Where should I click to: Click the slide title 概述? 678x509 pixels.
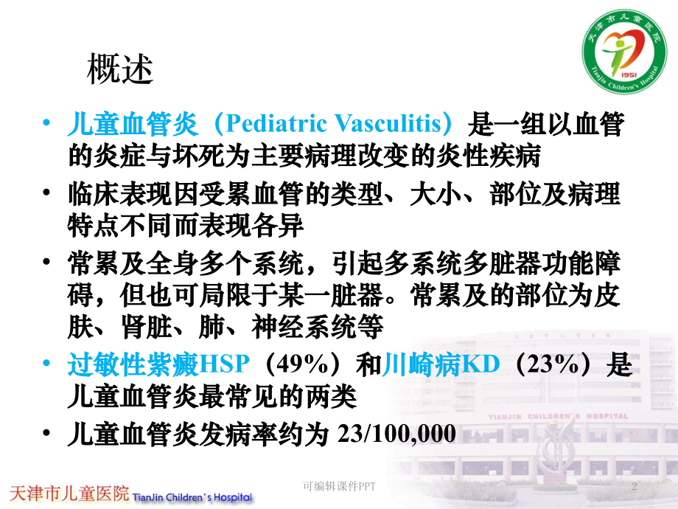(120, 70)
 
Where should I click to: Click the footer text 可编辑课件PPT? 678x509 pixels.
(338, 487)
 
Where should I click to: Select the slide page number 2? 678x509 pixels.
(635, 487)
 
